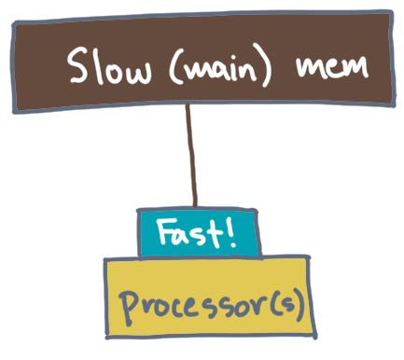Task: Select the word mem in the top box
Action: click(332, 67)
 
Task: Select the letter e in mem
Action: click(331, 68)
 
